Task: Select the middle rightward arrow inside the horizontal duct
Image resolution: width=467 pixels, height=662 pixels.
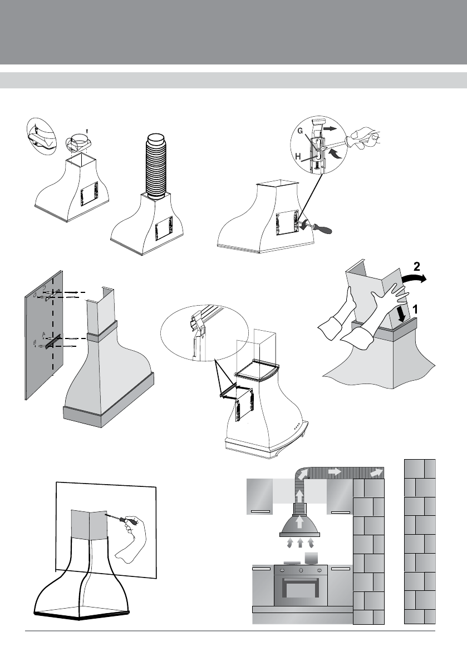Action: pyautogui.click(x=335, y=471)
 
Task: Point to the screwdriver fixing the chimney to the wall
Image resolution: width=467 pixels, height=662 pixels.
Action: pyautogui.click(x=117, y=518)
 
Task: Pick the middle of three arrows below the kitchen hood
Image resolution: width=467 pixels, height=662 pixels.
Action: pyautogui.click(x=300, y=542)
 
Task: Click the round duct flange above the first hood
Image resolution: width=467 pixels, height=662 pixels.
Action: pyautogui.click(x=77, y=142)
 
